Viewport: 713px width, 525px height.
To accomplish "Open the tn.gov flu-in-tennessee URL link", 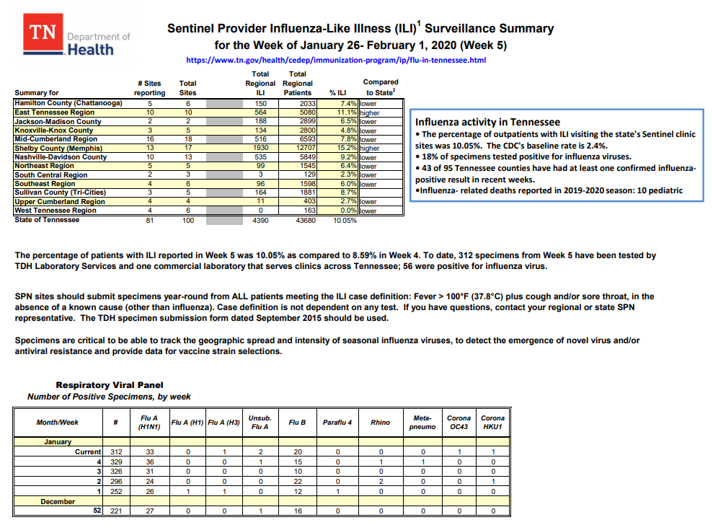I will (x=336, y=60).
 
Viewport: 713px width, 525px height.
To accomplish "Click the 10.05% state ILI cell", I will (x=344, y=221).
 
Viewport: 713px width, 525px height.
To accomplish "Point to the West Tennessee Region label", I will (x=56, y=211).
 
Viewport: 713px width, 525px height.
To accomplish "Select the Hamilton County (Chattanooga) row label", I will (x=70, y=104).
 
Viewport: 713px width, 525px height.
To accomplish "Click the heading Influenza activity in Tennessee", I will (x=487, y=122).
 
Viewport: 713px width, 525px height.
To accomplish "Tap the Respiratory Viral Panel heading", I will (x=110, y=385).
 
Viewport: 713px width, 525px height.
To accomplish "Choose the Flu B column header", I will (x=297, y=422).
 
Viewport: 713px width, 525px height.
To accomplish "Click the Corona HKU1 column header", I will (x=492, y=422).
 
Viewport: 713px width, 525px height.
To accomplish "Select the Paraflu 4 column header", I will (x=337, y=422).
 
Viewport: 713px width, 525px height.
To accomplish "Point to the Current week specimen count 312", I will (x=116, y=451).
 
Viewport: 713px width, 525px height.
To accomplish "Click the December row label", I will (x=57, y=500).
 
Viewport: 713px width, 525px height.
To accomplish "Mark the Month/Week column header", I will (x=57, y=422).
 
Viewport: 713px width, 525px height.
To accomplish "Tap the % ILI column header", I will (x=338, y=92).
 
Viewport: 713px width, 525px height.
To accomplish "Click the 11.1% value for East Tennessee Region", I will (x=348, y=112).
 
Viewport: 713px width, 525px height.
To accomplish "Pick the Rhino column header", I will (x=380, y=422).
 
